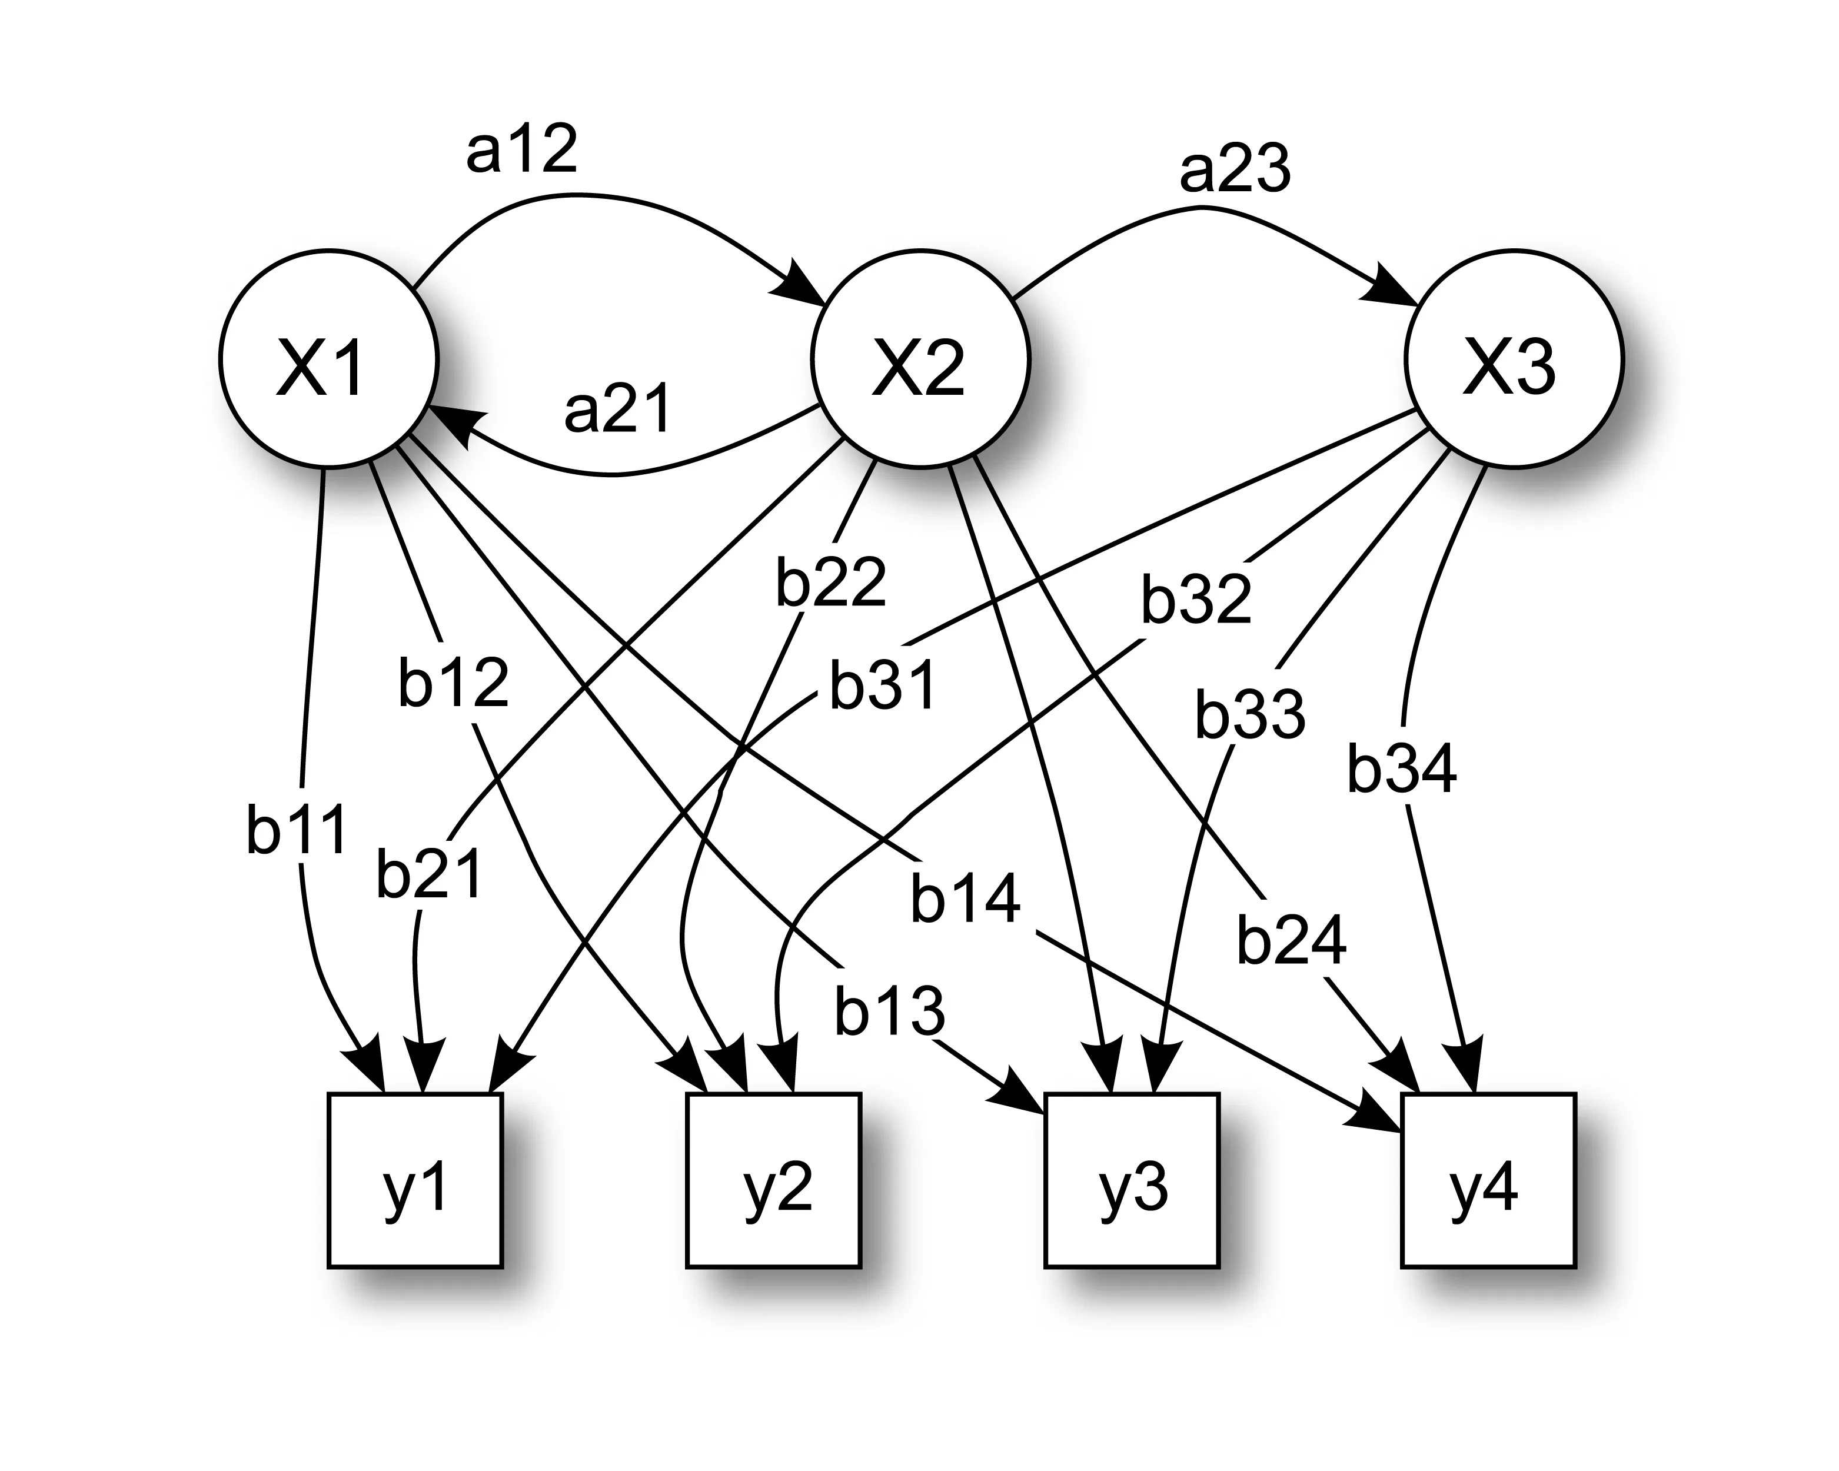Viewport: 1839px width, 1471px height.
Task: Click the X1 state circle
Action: [x=328, y=359]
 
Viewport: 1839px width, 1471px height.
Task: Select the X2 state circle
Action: [x=920, y=359]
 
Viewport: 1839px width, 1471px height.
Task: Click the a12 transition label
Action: [x=522, y=149]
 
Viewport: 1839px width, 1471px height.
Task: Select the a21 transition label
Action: [x=618, y=410]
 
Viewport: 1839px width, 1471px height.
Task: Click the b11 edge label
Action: [x=297, y=829]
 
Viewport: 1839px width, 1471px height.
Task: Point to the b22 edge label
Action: [x=831, y=583]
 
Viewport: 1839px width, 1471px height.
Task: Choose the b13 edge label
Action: [x=890, y=1011]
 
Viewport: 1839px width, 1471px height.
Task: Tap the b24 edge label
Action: [x=1291, y=941]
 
